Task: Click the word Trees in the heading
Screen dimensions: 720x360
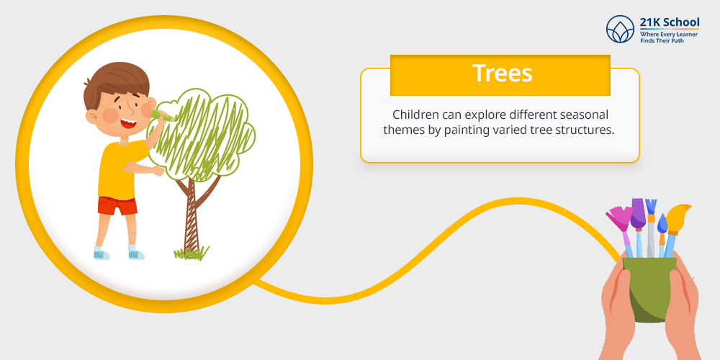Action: (x=503, y=73)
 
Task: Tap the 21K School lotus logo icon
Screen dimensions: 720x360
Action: (x=620, y=29)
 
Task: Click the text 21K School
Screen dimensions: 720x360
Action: (x=670, y=22)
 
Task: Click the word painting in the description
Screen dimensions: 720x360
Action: (x=461, y=130)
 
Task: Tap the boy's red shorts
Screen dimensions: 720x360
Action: (x=117, y=205)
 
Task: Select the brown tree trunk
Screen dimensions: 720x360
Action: (x=193, y=211)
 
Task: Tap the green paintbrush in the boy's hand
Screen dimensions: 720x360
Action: (x=162, y=115)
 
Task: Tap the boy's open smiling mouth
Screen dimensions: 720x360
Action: (x=128, y=124)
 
